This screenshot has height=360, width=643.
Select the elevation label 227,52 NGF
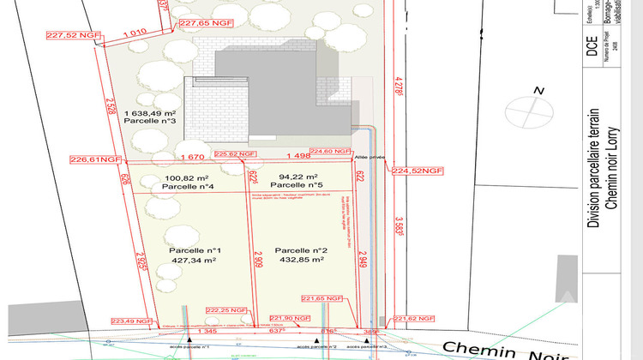[72, 36]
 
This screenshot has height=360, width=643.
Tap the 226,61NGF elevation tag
[97, 159]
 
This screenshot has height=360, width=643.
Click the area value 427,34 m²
[193, 259]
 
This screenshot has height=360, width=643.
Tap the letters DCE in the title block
[593, 47]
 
